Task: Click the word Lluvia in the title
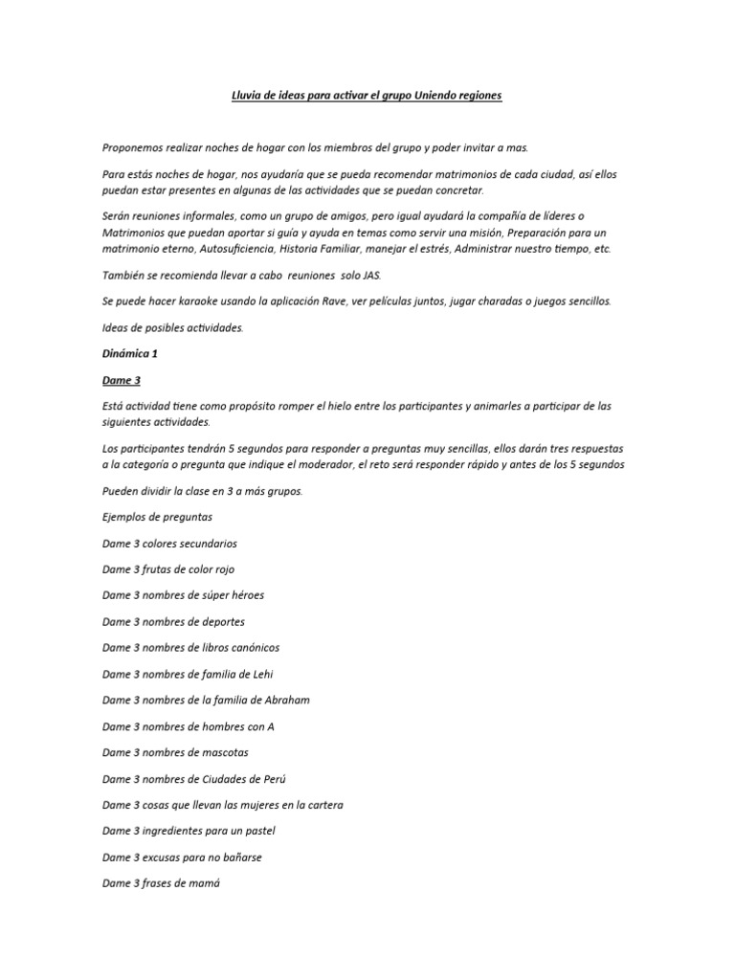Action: (x=250, y=96)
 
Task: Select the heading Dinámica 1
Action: (x=130, y=353)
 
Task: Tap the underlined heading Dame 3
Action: (x=122, y=380)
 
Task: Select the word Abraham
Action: (x=283, y=701)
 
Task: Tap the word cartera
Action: (x=323, y=805)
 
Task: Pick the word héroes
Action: (x=246, y=595)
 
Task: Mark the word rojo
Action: (x=220, y=569)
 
